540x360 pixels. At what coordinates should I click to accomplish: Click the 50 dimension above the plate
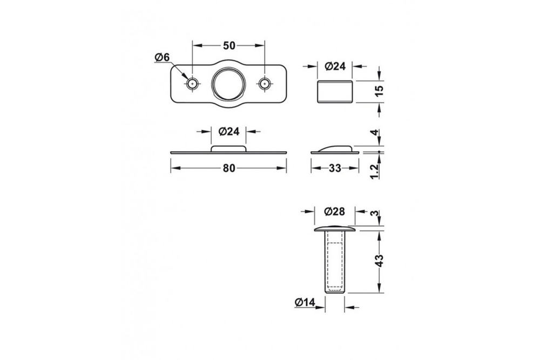coord(228,46)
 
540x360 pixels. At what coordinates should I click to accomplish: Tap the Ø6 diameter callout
coord(161,57)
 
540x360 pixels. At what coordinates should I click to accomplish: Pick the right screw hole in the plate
coord(264,84)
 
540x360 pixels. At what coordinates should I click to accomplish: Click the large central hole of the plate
coord(228,83)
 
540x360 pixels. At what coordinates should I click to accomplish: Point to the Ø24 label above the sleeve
coord(335,66)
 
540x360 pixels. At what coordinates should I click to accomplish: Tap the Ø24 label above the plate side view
coord(228,131)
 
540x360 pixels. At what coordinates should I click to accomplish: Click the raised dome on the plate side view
coord(228,148)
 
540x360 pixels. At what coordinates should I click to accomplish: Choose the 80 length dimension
coord(228,168)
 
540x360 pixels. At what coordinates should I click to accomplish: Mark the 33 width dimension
coord(335,168)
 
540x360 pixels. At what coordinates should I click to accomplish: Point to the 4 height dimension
coord(379,133)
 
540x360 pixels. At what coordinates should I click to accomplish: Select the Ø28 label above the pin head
coord(335,212)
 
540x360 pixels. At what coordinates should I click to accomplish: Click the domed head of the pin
coord(335,227)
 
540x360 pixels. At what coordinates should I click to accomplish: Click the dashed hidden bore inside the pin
coord(335,264)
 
